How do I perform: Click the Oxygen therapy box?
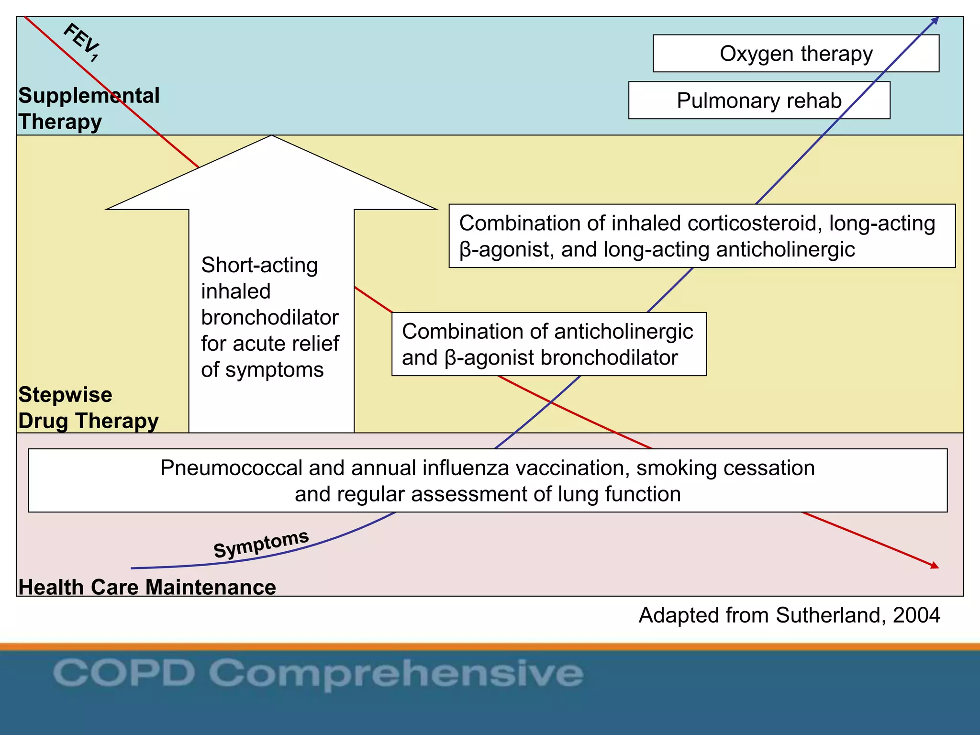[795, 54]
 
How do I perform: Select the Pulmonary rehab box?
[759, 100]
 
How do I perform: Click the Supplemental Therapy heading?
[89, 109]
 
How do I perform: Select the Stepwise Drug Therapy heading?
[89, 408]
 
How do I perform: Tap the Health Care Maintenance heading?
[147, 587]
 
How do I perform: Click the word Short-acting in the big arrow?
[259, 265]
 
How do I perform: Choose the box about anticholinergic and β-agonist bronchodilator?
[548, 344]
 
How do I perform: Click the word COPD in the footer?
[123, 673]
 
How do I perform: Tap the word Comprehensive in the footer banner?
[396, 674]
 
